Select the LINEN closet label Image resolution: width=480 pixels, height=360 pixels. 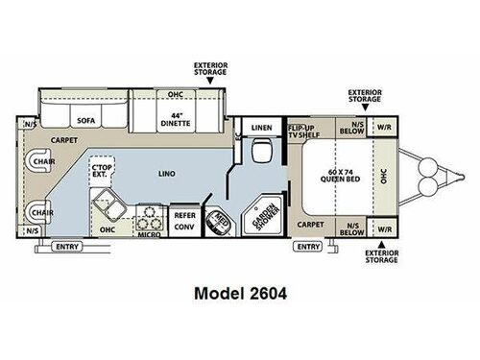261,127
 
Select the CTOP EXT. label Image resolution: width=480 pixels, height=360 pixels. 99,173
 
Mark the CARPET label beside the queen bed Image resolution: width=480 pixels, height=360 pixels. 310,223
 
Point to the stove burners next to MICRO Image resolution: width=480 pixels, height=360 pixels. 149,215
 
